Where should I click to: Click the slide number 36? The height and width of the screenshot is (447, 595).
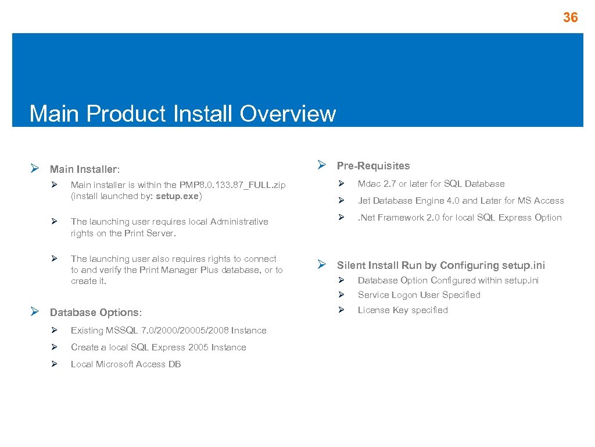pos(570,17)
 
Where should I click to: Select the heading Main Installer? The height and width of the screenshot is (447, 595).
pos(85,169)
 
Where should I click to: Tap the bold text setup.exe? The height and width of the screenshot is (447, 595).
pos(177,196)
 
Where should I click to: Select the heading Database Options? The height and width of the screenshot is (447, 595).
pos(96,313)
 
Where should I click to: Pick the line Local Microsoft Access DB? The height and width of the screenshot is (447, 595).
pos(126,364)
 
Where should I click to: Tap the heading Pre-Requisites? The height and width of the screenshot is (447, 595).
pos(373,166)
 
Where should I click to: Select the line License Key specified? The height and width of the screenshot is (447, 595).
pos(403,310)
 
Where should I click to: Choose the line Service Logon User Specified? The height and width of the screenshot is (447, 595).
pos(419,295)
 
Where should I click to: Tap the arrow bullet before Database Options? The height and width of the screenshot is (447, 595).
pos(34,312)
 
